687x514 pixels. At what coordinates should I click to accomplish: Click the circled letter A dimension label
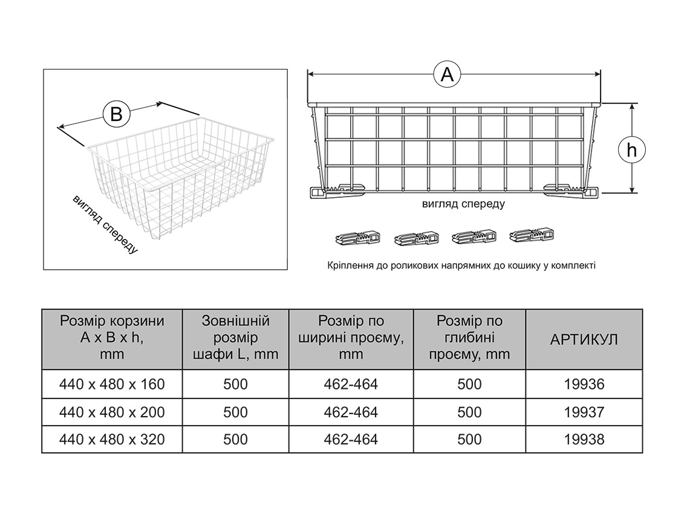coord(447,74)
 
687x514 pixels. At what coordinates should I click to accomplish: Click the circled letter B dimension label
coord(116,114)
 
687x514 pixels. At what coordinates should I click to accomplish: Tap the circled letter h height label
coord(632,149)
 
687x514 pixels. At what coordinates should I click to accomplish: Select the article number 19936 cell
coord(584,384)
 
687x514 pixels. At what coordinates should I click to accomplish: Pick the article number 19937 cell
coord(584,412)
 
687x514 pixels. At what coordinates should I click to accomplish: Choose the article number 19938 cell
coord(584,440)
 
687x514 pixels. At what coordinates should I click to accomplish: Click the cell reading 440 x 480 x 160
coord(112,384)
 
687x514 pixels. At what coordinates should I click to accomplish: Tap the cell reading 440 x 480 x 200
coord(112,412)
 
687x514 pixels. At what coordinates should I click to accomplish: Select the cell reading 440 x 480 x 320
coord(112,440)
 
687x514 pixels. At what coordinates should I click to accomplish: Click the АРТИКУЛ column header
coord(584,339)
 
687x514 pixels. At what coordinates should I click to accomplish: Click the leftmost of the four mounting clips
coord(358,238)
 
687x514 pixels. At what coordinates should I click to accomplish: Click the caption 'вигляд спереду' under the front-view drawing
coord(463,204)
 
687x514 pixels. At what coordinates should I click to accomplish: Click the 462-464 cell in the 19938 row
coord(351,440)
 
